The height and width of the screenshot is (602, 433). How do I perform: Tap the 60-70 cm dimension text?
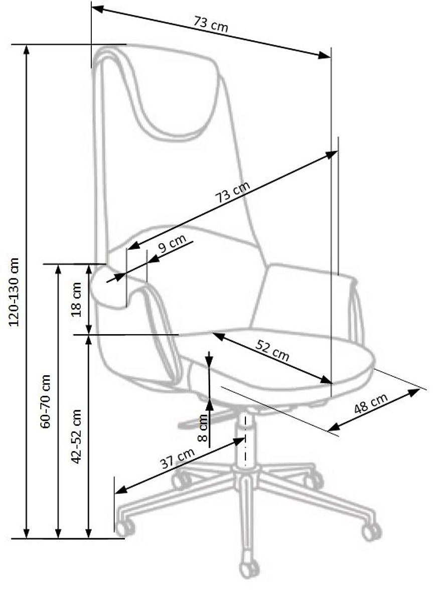pyautogui.click(x=46, y=401)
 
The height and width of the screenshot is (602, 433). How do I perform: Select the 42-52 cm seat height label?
pyautogui.click(x=77, y=436)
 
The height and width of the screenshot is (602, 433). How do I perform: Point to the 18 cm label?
pyautogui.click(x=77, y=299)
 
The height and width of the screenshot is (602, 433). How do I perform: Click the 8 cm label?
pyautogui.click(x=202, y=427)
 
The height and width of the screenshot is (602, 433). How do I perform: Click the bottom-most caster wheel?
pyautogui.click(x=249, y=570)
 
